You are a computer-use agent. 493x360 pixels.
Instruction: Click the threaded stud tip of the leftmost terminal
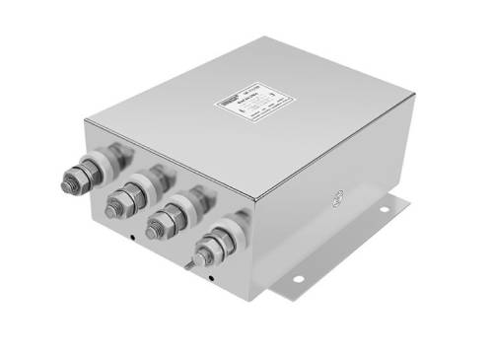70,182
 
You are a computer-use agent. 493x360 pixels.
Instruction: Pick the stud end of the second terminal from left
111,208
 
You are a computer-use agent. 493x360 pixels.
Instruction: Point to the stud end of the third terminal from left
153,232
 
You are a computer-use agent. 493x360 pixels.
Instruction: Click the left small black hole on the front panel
132,237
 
